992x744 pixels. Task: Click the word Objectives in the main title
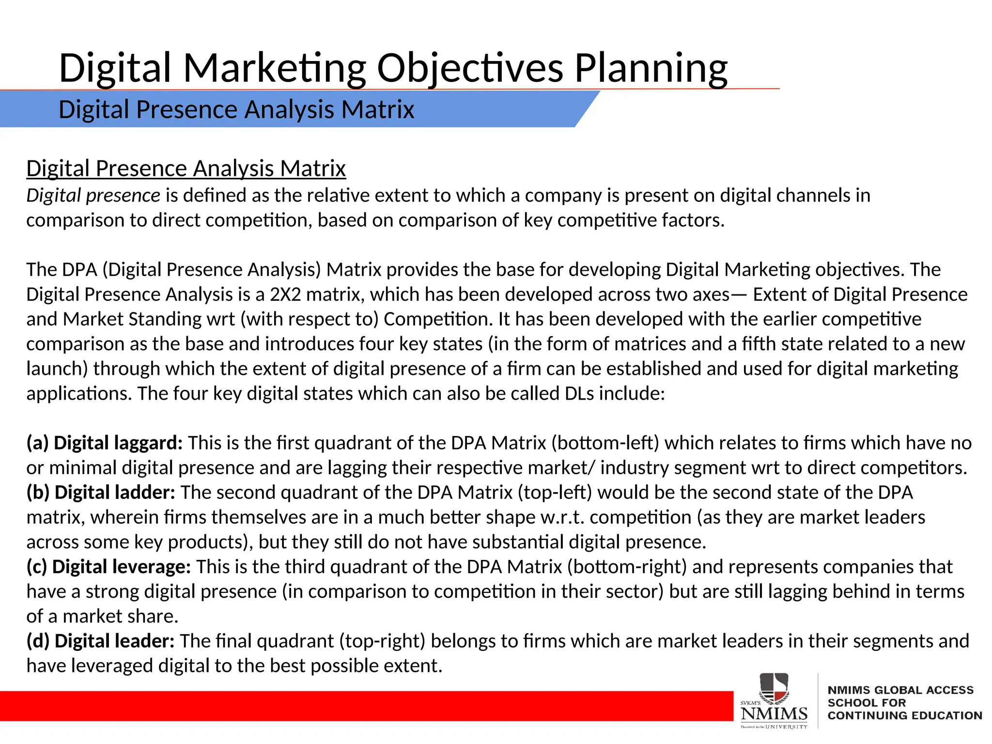tap(470, 68)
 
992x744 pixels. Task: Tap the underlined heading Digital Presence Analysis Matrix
tap(186, 169)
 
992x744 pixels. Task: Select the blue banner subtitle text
tap(236, 109)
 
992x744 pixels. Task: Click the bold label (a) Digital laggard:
tap(105, 443)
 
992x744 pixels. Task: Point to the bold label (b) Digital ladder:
tap(101, 493)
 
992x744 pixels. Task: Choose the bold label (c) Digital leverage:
tap(109, 567)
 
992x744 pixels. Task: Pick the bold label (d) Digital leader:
tap(100, 641)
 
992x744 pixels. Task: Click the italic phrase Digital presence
tap(93, 196)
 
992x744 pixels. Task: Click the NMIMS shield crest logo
tap(774, 688)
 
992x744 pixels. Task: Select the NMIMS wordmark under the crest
tap(774, 713)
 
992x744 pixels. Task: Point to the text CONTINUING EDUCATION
tap(904, 715)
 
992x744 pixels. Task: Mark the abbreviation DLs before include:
tap(579, 393)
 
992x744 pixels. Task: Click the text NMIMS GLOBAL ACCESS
tap(900, 690)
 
